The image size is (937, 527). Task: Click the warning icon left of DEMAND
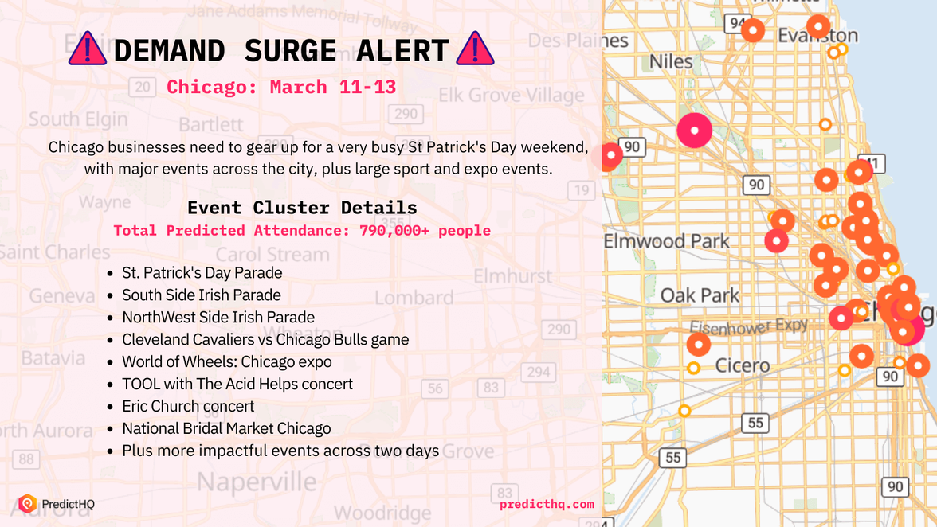tap(88, 49)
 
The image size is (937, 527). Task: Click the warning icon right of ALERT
tap(475, 49)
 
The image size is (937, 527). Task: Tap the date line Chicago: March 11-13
tap(280, 87)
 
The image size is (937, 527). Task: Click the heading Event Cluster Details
tap(302, 208)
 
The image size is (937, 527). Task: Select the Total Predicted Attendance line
tap(302, 231)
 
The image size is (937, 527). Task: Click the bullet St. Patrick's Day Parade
tap(202, 272)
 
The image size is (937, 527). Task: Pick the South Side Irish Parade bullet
tap(201, 295)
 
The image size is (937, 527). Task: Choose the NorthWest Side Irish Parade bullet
tap(218, 317)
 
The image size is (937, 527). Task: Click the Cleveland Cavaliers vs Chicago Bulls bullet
tap(265, 339)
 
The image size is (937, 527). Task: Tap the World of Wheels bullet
tap(226, 361)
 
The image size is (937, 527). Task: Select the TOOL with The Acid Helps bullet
tap(237, 384)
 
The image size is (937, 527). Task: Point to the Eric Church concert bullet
tap(188, 406)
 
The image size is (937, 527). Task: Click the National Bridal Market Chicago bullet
tap(226, 428)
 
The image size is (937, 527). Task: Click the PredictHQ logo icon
tap(28, 503)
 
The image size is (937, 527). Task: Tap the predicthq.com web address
tap(547, 504)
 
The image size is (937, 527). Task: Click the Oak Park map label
tap(700, 295)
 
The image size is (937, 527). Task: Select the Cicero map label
tap(742, 366)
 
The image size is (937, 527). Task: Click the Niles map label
tap(671, 61)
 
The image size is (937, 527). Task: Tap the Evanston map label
tap(818, 37)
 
